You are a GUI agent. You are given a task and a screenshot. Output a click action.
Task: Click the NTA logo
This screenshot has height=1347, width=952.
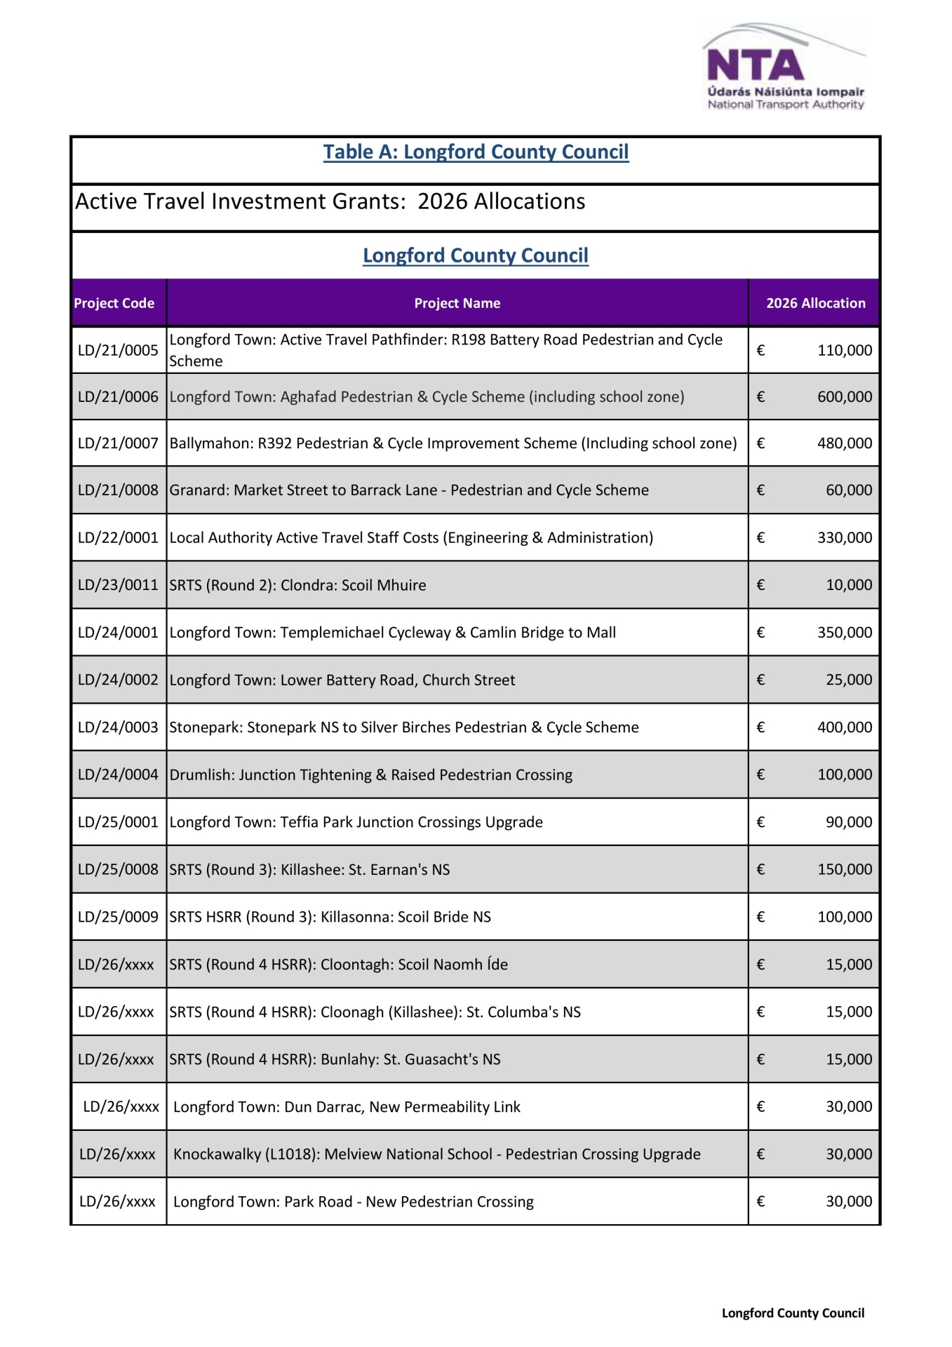click(784, 68)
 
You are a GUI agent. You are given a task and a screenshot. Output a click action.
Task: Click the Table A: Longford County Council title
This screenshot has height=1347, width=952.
click(476, 152)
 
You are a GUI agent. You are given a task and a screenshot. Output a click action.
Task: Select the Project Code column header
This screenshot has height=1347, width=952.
click(114, 303)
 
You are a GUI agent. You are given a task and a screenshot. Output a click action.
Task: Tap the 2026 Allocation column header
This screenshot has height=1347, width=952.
click(815, 303)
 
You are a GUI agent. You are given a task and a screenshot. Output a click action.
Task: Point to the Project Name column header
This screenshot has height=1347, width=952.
click(457, 303)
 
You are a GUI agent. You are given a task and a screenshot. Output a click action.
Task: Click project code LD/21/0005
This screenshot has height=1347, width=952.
click(118, 350)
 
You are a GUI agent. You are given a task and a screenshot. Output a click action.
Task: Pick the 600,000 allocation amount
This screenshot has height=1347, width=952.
click(844, 397)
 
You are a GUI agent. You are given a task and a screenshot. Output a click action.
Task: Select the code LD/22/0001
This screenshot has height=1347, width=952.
click(118, 537)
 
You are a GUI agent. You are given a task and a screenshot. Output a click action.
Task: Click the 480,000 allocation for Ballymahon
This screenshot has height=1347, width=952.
click(844, 443)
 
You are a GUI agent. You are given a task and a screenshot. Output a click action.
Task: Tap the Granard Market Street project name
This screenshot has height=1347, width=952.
click(409, 490)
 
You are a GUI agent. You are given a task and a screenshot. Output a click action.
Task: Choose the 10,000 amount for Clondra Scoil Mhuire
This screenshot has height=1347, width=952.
click(848, 585)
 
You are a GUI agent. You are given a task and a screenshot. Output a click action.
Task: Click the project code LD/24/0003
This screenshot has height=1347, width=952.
click(118, 728)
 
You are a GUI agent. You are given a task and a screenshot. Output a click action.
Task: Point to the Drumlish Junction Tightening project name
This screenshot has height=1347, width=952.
click(370, 775)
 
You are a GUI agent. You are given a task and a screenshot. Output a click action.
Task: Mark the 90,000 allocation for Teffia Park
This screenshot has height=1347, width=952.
click(848, 822)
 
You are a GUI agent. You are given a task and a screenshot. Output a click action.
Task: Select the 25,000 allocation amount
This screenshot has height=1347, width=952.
click(848, 680)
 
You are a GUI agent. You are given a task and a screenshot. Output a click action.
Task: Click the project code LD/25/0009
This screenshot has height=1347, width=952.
click(118, 917)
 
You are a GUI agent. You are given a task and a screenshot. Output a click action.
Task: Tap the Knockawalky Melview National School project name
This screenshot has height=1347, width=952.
click(436, 1154)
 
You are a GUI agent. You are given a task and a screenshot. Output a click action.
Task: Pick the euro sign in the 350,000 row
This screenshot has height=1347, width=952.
click(760, 633)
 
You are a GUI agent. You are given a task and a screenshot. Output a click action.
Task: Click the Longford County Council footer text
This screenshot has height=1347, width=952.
click(793, 1313)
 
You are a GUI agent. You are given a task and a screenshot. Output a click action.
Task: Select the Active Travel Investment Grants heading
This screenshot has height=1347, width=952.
click(330, 202)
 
